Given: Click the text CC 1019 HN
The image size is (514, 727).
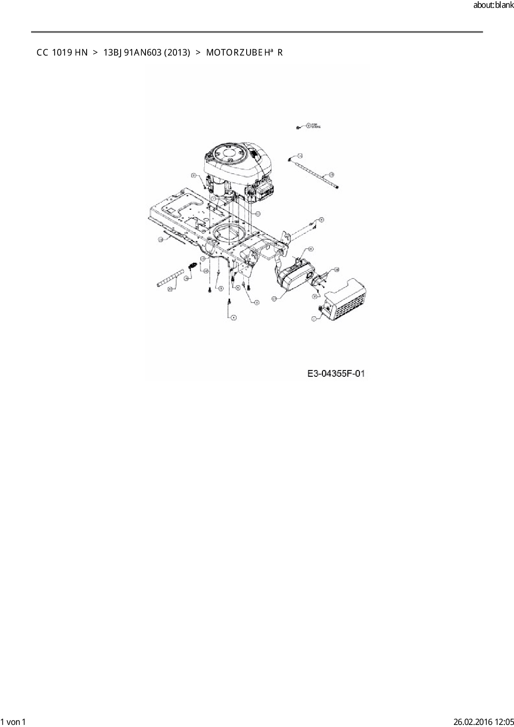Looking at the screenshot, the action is pyautogui.click(x=62, y=53).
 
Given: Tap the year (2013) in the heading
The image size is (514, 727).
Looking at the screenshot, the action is pyautogui.click(x=177, y=53).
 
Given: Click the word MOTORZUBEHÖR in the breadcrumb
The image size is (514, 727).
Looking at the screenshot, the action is pyautogui.click(x=245, y=53).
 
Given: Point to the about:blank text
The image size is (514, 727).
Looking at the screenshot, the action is pyautogui.click(x=493, y=5).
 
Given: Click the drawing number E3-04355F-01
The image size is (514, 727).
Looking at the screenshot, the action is pyautogui.click(x=336, y=374).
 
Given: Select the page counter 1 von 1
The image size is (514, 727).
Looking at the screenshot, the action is pyautogui.click(x=13, y=722).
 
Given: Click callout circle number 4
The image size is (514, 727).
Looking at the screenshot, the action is pyautogui.click(x=234, y=317).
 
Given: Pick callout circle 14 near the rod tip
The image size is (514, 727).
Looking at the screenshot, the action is pyautogui.click(x=300, y=155).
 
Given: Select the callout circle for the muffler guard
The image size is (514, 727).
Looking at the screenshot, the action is pyautogui.click(x=314, y=318).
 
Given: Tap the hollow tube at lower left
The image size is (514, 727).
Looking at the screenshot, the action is pyautogui.click(x=170, y=278).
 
